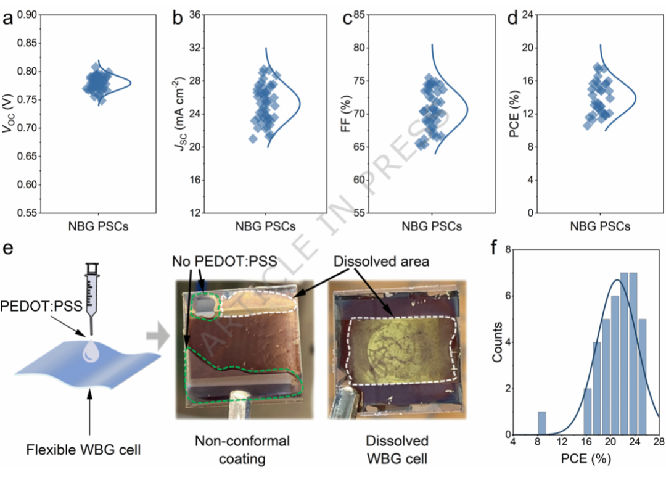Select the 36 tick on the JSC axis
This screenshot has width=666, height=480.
(197, 14)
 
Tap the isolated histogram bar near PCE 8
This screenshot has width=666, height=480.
(541, 423)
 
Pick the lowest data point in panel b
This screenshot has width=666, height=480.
(253, 139)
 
